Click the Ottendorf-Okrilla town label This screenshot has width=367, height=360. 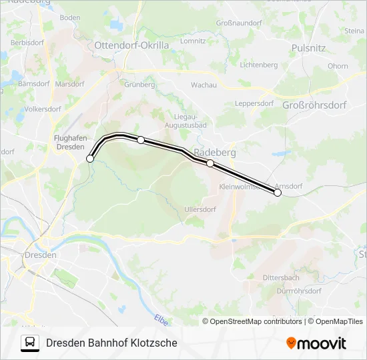click(132, 45)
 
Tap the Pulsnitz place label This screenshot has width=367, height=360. click(308, 48)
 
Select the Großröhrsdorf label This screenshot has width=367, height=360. click(314, 105)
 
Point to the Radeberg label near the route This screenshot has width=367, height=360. click(214, 152)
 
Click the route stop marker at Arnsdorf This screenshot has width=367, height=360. click(278, 193)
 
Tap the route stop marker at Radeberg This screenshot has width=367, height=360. click(210, 163)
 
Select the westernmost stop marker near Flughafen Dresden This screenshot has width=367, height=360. click(90, 159)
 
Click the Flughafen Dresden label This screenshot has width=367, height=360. click(70, 142)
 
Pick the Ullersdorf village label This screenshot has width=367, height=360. click(200, 209)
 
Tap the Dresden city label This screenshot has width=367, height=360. click(40, 255)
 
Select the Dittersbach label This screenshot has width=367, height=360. click(281, 277)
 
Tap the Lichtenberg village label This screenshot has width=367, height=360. click(258, 65)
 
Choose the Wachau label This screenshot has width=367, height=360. click(204, 85)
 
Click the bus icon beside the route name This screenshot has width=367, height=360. click(30, 343)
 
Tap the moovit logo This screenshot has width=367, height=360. click(316, 343)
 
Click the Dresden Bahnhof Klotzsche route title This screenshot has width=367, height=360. click(111, 343)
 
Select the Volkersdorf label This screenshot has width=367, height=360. click(43, 108)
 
